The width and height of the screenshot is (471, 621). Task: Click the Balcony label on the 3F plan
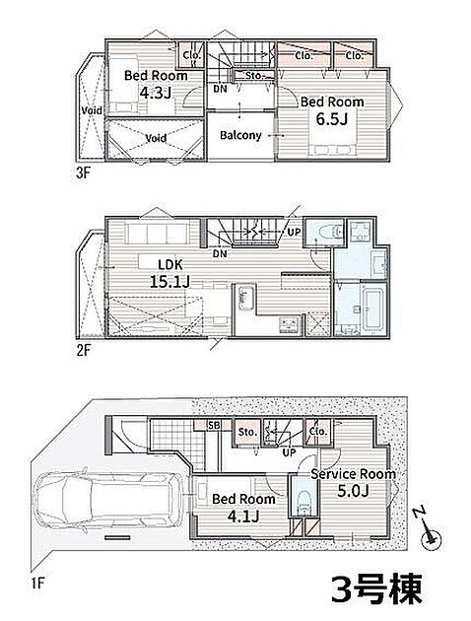240,135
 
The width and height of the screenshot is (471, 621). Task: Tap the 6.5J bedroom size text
332,119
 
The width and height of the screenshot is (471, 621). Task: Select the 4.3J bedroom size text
156,93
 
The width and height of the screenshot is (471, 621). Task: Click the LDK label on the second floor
170,264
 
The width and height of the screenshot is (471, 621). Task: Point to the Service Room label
353,474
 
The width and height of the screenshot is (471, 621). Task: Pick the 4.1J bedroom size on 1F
243,517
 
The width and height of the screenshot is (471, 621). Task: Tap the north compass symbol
429,531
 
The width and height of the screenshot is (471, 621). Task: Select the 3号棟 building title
376,588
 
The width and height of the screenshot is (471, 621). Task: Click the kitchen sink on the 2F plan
245,298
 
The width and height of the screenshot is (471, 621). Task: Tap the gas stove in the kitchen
290,325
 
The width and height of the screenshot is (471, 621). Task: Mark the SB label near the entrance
214,426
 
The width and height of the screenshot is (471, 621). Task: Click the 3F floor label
83,173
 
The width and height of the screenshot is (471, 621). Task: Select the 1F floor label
38,584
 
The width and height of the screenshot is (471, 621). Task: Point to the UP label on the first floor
289,451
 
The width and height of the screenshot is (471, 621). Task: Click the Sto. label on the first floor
247,432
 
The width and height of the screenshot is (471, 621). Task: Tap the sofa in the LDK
157,234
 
